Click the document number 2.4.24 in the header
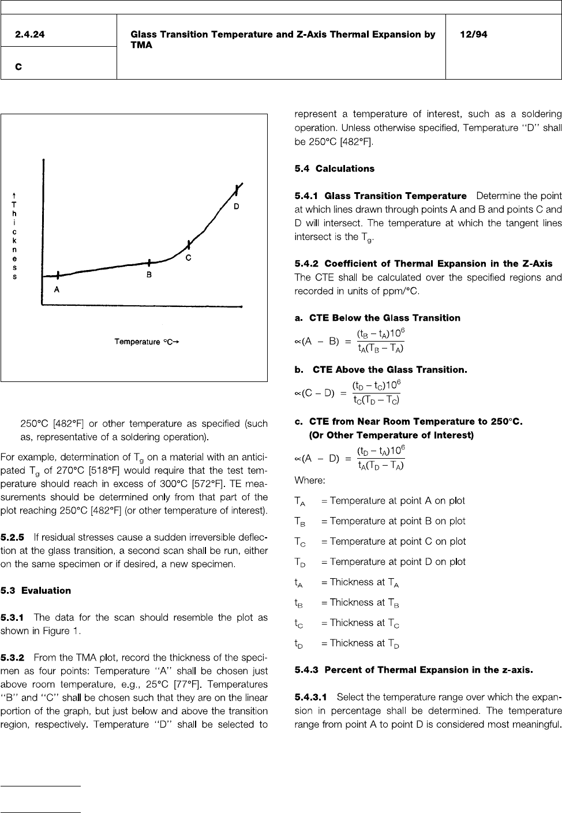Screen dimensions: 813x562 30,35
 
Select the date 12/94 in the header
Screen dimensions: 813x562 473,35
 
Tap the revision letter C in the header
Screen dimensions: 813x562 19,67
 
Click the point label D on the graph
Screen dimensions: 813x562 236,206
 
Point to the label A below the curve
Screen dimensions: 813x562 57,290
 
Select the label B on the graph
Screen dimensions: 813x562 149,275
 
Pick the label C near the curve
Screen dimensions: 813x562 188,258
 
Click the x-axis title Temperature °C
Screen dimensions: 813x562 147,342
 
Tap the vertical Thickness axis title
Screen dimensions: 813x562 14,237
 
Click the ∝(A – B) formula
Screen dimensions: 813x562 349,341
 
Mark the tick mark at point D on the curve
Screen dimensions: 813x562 236,190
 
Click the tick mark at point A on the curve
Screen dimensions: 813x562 58,275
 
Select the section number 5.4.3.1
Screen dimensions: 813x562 312,698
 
